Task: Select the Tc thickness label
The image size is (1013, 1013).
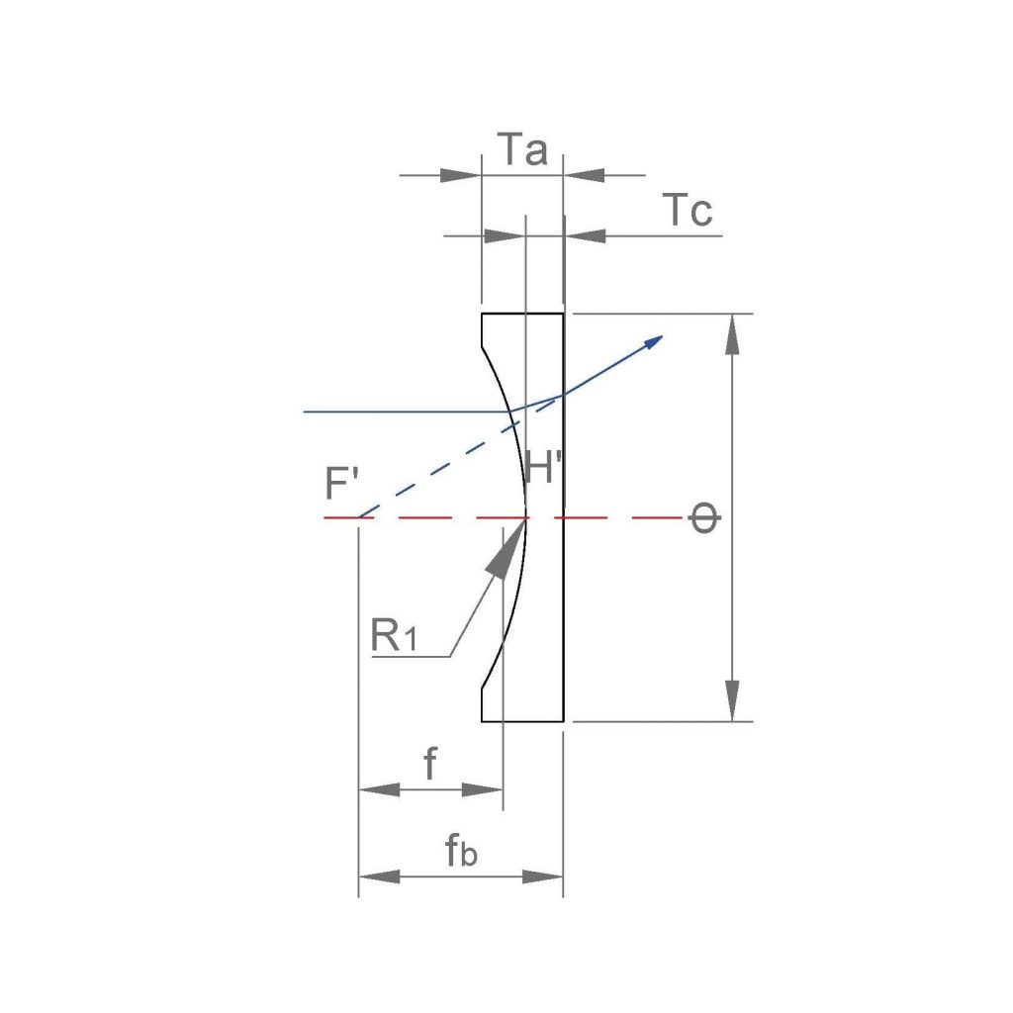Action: coord(689,210)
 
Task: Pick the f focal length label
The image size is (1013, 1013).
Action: coord(430,763)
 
